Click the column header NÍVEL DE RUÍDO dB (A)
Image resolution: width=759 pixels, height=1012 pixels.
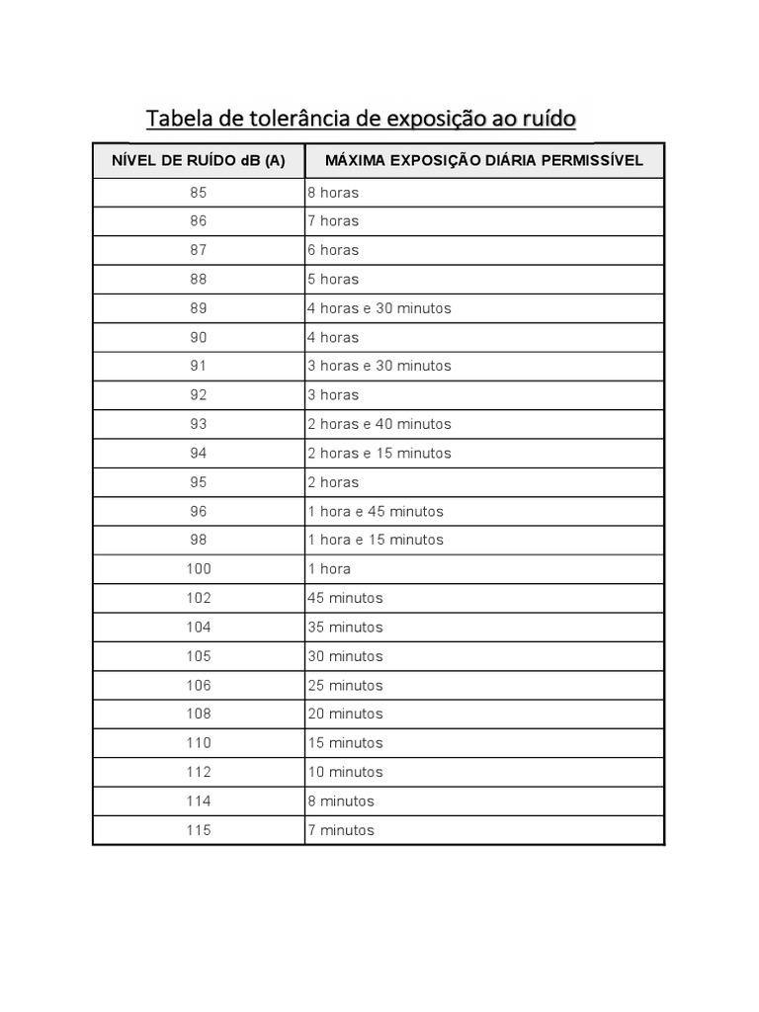199,160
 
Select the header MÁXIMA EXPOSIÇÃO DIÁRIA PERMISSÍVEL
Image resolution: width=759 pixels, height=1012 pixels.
484,160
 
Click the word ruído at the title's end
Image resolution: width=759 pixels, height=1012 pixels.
546,120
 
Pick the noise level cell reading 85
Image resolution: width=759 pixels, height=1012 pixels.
199,192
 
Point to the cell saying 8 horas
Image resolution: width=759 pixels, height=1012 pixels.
333,192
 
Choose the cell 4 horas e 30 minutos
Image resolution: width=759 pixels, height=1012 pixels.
379,308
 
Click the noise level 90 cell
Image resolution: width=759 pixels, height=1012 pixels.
199,337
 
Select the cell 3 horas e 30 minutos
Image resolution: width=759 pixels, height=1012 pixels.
379,366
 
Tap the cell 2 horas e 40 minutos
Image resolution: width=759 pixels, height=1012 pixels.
379,424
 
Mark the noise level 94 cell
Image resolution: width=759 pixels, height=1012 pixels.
199,453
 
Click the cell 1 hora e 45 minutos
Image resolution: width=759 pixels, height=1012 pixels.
376,511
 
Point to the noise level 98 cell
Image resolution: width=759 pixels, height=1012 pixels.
199,540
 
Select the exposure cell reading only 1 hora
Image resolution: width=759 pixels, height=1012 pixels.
329,569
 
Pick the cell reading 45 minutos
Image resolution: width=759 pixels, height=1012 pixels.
345,598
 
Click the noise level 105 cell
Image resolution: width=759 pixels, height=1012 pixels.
199,656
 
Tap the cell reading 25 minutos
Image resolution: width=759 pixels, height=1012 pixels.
345,685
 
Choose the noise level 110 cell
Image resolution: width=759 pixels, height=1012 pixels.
199,743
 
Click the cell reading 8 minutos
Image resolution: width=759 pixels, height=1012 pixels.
341,801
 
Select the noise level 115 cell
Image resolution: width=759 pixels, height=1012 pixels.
199,830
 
